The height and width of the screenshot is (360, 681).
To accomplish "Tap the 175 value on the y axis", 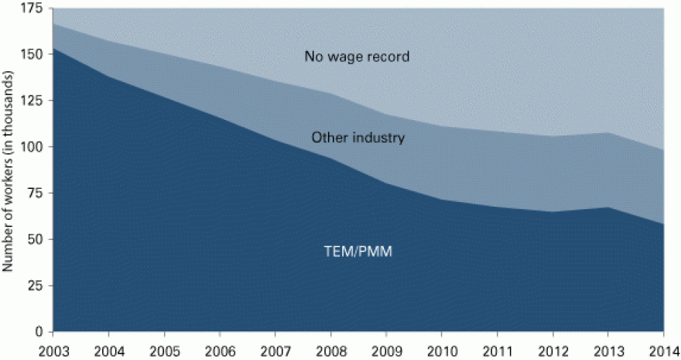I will point(34,8).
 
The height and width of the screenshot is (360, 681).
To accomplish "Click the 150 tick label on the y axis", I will point(34,54).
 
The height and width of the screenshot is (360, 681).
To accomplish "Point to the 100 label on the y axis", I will point(34,147).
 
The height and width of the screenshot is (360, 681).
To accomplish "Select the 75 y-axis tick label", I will point(36,194).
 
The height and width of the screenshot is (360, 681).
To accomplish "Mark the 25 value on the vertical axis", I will point(36,286).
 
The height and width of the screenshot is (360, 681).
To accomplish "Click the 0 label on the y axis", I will point(39,332).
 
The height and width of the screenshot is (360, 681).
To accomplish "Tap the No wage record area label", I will point(357,57).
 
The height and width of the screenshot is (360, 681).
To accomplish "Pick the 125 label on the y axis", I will point(34,101).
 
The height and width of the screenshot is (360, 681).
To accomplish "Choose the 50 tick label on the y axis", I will point(36,239).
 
